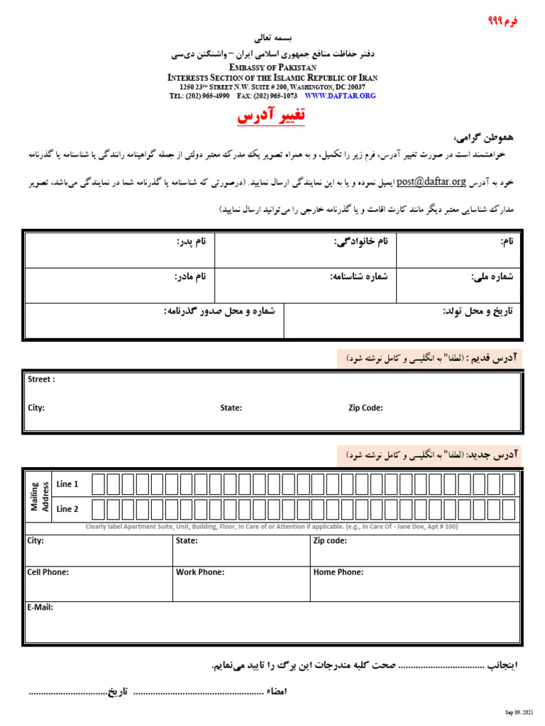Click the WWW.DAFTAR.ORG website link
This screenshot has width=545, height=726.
tap(340, 95)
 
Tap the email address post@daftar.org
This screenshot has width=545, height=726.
tap(431, 181)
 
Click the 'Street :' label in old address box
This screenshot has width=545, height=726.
tap(41, 379)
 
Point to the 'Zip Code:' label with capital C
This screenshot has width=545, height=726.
tap(365, 408)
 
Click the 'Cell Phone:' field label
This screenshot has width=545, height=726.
tap(48, 572)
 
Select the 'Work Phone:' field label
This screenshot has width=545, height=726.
tap(200, 572)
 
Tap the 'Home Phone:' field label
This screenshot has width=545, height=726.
tap(338, 572)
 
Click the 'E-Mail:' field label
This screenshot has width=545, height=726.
tap(40, 608)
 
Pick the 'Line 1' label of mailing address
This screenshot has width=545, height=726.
tap(67, 484)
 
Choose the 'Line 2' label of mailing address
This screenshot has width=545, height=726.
tap(67, 509)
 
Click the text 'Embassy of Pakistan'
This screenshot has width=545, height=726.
tap(272, 66)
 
